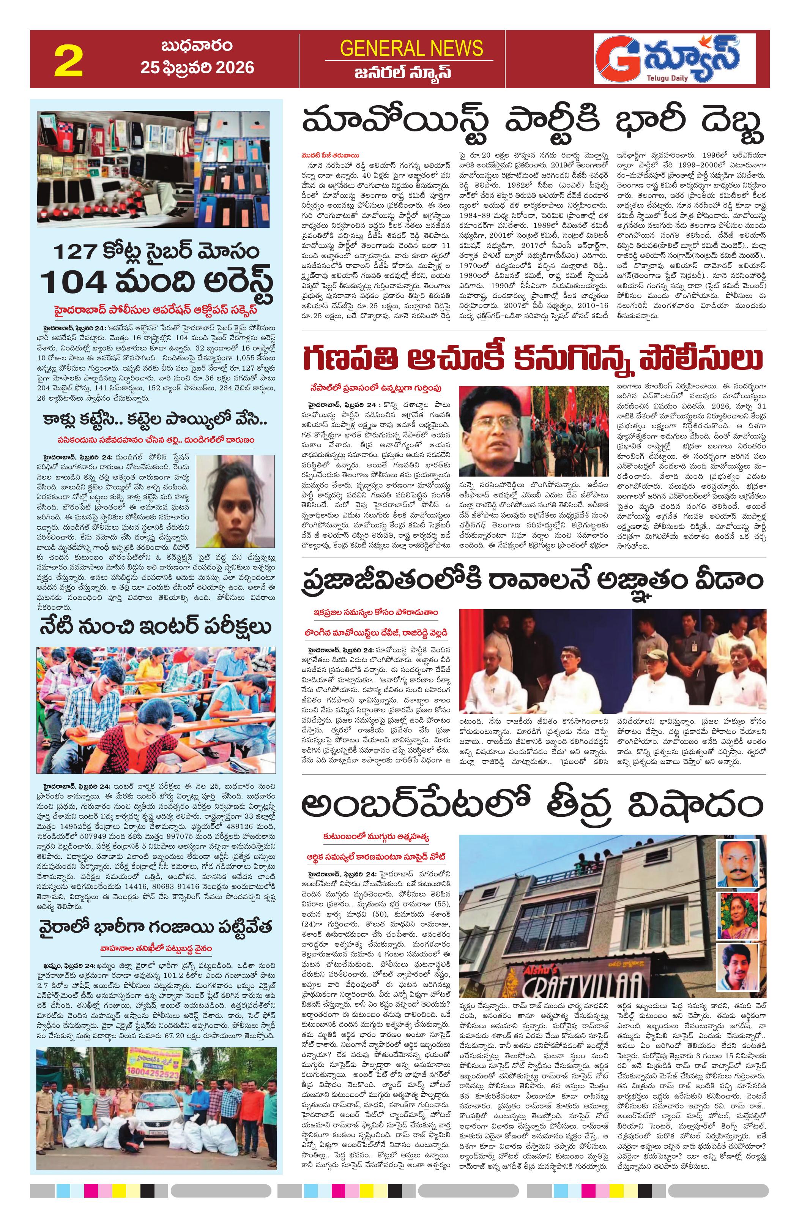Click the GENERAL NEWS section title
411,49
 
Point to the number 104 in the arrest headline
75,281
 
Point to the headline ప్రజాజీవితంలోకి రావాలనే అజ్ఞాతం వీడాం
533,581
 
